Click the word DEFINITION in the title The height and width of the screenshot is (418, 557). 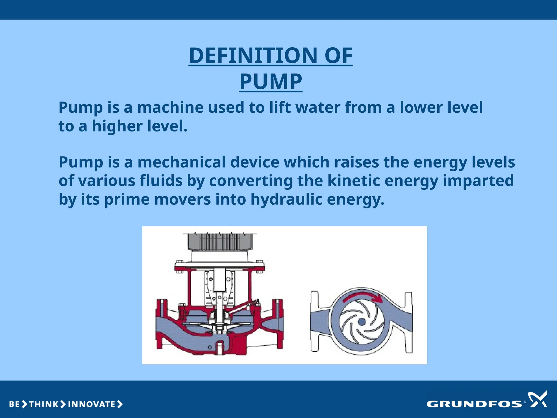pos(253,56)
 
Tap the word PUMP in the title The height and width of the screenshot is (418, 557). pos(271,81)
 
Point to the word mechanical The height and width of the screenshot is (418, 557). pos(181,162)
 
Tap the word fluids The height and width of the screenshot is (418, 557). pos(161,181)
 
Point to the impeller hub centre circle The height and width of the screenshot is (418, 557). pos(362,322)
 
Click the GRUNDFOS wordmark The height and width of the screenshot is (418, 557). pos(474,404)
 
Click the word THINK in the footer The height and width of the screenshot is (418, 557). pos(44,404)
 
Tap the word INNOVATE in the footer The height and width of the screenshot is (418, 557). pos(92,404)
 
